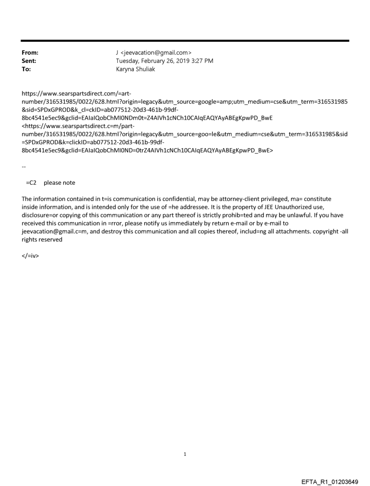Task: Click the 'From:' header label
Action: coord(30,53)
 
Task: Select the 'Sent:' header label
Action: coord(29,61)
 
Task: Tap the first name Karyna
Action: coord(126,69)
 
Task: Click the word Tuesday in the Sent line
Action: coord(129,61)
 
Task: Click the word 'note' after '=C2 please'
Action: coord(68,183)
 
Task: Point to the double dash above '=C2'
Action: coord(24,167)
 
